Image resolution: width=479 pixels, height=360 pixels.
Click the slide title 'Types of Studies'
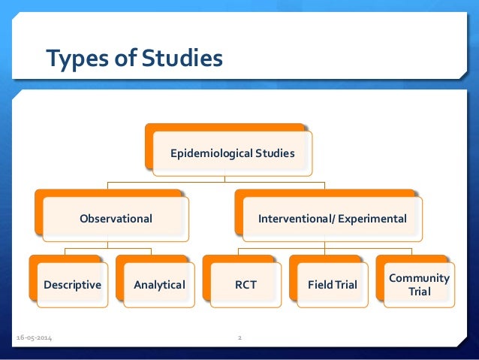[x=134, y=58]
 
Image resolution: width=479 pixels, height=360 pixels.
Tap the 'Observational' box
[x=116, y=219]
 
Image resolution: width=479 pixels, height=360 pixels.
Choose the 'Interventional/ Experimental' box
[x=332, y=219]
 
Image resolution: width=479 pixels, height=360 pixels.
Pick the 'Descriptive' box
[x=72, y=285]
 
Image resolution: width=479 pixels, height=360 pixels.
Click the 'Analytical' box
[x=159, y=285]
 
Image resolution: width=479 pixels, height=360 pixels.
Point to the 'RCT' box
[x=246, y=285]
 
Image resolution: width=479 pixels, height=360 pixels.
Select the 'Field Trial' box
[x=333, y=285]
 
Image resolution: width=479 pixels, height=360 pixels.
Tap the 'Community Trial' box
[x=419, y=285]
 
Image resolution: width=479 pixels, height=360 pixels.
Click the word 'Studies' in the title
[x=185, y=58]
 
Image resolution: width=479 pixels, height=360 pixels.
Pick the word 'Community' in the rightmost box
[x=419, y=278]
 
